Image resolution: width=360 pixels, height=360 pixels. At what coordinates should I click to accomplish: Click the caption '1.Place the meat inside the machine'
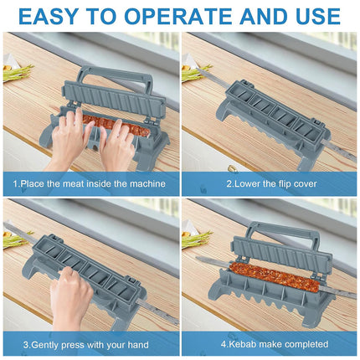point(89,183)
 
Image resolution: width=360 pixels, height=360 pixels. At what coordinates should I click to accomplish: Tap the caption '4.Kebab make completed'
point(270,343)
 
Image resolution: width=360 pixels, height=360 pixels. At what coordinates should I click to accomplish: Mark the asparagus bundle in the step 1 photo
point(17,73)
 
